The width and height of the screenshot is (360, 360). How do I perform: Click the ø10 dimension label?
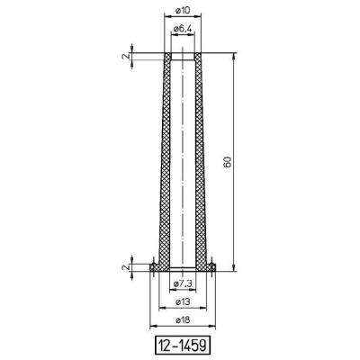(x=182, y=11)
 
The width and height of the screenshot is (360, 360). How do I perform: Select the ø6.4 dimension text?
(x=183, y=29)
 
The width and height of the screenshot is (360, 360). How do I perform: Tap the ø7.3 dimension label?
(x=183, y=283)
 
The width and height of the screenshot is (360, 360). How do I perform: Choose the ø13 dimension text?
(x=183, y=301)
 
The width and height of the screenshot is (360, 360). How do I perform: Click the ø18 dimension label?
(x=183, y=320)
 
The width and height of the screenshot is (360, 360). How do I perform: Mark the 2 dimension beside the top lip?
(x=126, y=56)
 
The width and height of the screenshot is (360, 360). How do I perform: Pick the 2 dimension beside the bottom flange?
(x=126, y=266)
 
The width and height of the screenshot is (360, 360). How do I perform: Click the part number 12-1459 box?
(x=183, y=345)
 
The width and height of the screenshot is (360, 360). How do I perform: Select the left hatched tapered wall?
(x=165, y=162)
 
